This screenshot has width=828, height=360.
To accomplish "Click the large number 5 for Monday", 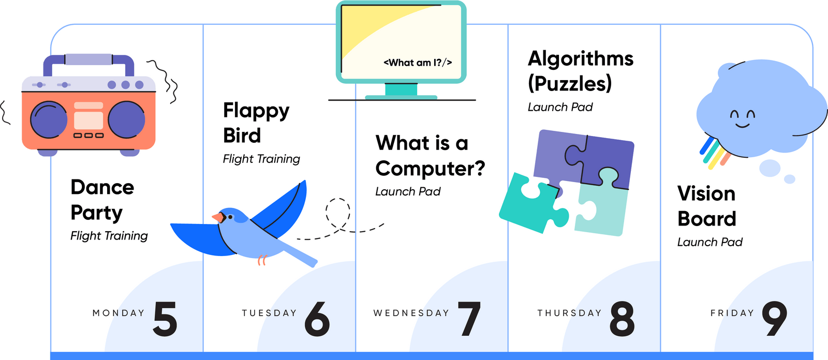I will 166,319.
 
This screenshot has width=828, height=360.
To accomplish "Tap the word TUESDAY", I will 269,313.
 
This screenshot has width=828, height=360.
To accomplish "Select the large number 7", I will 469,319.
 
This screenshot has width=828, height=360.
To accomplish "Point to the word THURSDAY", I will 569,313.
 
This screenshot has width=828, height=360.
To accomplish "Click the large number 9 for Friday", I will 774,319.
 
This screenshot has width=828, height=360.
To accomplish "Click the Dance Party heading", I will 102,200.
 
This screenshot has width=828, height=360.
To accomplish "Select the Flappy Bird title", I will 256,123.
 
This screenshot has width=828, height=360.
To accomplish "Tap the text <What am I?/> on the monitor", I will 418,63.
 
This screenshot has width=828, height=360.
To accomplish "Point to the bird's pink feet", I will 262,260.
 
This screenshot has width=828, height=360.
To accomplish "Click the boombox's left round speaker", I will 49,120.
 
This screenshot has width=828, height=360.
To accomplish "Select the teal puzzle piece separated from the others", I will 530,202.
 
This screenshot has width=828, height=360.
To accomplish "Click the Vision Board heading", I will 706,206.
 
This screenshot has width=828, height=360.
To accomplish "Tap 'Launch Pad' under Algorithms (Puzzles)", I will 560,107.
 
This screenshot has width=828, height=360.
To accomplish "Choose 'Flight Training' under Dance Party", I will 109,236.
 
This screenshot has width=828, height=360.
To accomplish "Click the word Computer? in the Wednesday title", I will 430,168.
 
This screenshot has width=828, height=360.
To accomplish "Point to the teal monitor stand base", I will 401,96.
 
